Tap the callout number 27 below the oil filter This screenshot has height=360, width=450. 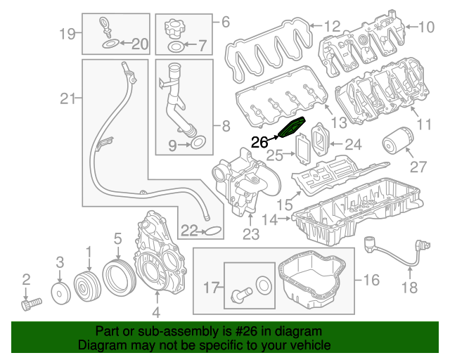tap(418, 167)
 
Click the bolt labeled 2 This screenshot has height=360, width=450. tap(29, 304)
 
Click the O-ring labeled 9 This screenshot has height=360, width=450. tap(198, 146)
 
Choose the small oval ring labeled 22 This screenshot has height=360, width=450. tap(212, 230)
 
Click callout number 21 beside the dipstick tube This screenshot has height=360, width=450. tap(67, 99)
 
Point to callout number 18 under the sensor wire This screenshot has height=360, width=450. tap(409, 287)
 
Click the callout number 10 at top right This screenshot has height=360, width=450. tap(426, 28)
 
